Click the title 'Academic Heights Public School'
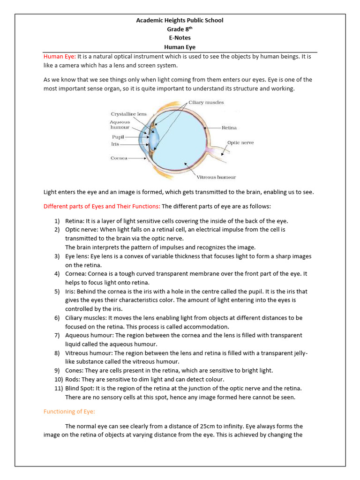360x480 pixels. click(x=180, y=20)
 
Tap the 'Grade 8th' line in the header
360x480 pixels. click(x=180, y=29)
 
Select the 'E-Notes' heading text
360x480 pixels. click(x=180, y=38)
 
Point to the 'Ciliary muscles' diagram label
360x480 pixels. click(x=206, y=102)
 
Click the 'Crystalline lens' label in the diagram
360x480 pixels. click(x=128, y=114)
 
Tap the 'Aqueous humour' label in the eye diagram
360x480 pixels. click(x=120, y=125)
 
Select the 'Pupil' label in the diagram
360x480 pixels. click(x=118, y=136)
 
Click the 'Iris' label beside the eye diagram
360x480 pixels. click(x=115, y=144)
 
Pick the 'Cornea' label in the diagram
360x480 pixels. click(x=119, y=158)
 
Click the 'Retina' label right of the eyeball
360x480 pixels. click(x=229, y=127)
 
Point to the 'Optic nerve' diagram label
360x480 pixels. click(x=240, y=142)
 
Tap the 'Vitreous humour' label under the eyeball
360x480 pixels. click(x=216, y=177)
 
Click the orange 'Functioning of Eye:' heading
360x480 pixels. click(x=69, y=412)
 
